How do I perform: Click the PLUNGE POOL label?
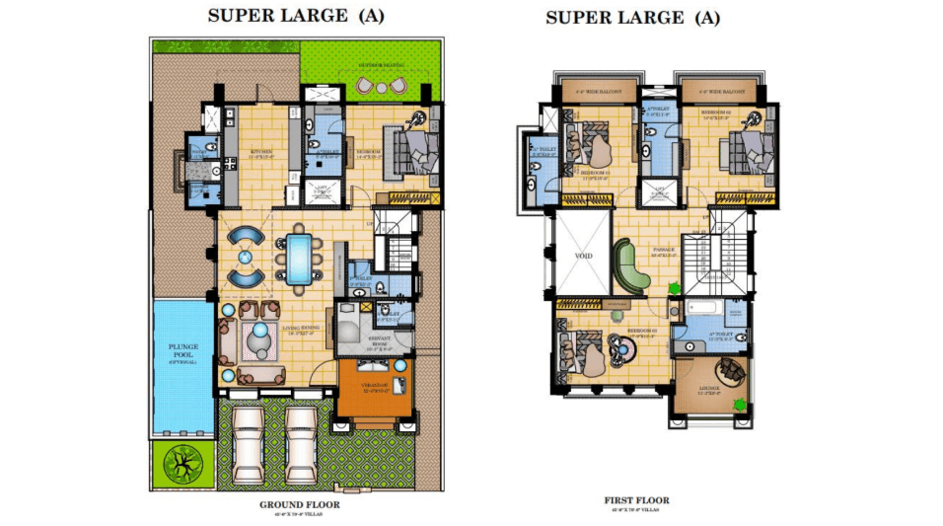tap(183, 349)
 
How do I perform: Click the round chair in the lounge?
tap(732, 371)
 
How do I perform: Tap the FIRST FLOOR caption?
tap(636, 500)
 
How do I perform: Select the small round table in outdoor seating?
tap(380, 88)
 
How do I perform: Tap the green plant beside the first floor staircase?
tap(675, 289)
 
